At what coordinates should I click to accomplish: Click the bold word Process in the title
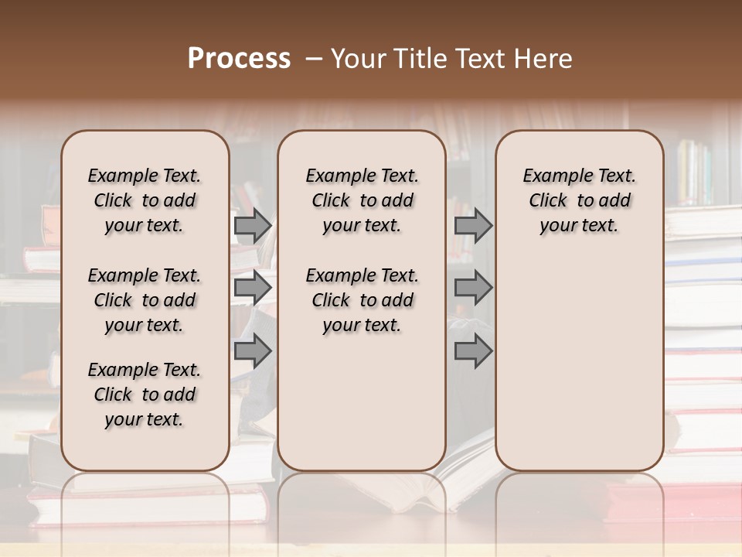coord(239,59)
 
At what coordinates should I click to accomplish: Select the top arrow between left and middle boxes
coord(253,226)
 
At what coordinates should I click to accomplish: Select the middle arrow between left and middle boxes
coord(253,289)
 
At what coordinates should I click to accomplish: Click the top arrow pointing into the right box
coord(473,226)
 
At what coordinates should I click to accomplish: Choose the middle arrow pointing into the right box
coord(473,289)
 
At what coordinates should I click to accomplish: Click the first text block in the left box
coord(145,200)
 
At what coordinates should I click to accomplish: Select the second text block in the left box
coord(145,300)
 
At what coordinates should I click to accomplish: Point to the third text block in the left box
coord(145,395)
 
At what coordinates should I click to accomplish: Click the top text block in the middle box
coord(362,200)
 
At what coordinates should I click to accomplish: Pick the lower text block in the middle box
coord(362,300)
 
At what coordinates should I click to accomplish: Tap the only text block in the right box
coord(579,200)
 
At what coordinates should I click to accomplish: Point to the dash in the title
coord(314,59)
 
